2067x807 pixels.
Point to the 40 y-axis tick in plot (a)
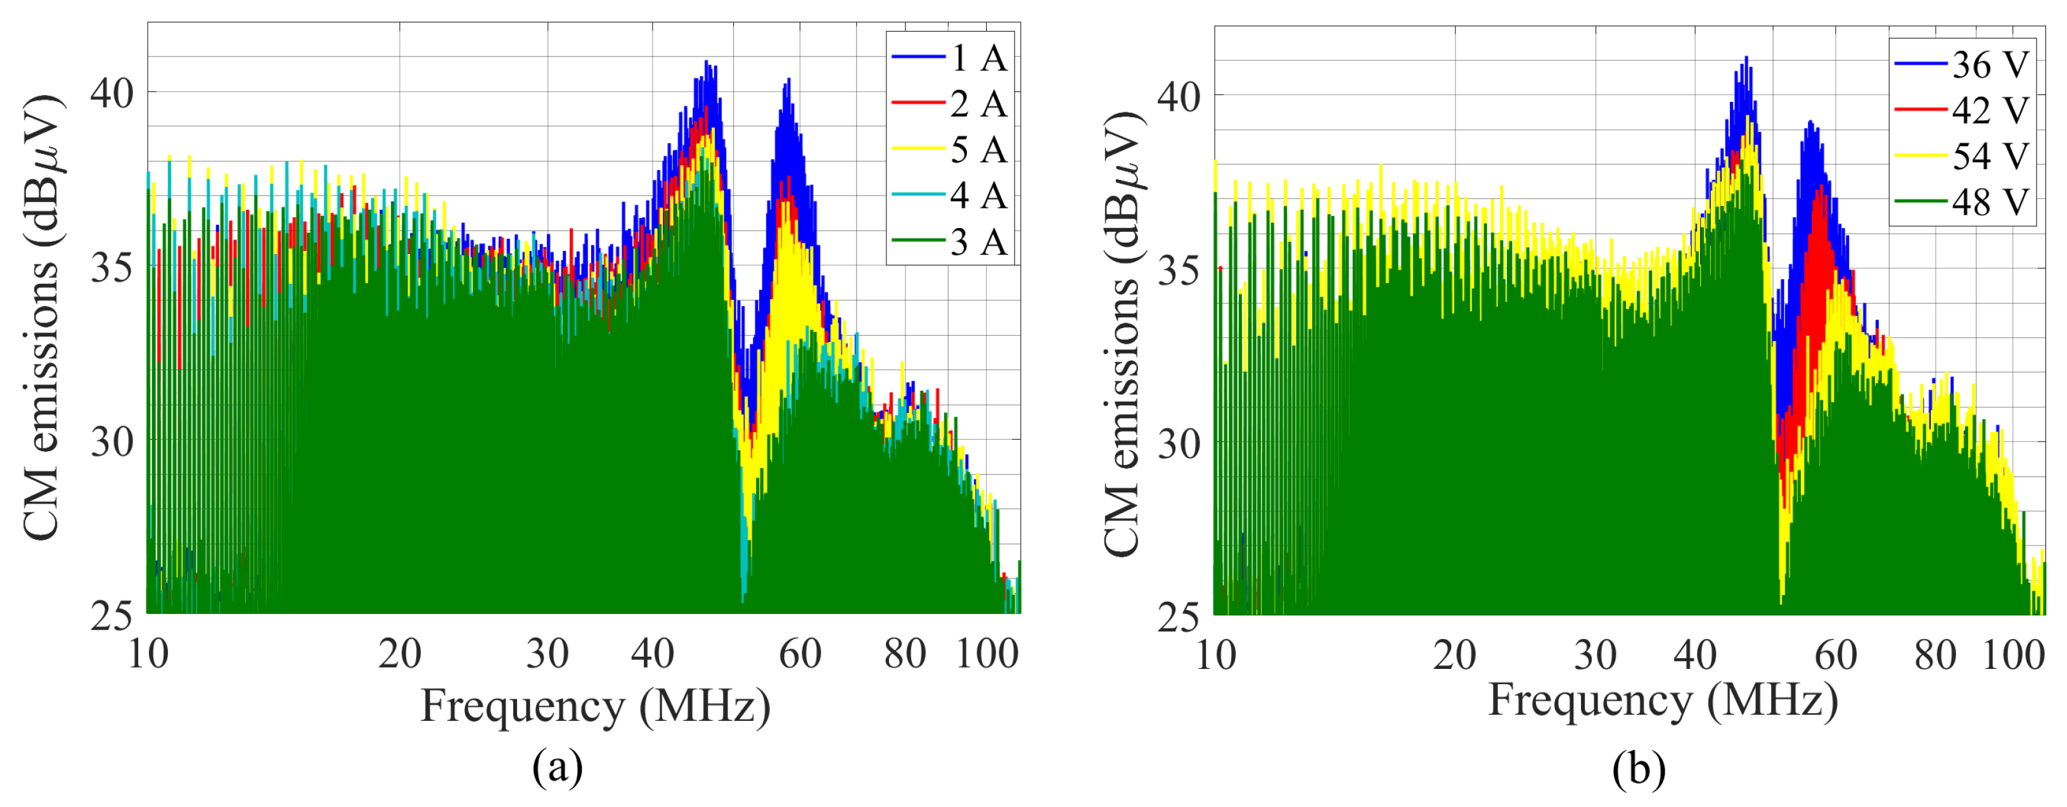[111, 93]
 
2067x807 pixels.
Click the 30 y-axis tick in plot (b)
[1178, 443]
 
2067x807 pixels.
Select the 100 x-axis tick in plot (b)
[2013, 656]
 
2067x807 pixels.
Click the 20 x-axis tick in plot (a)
[400, 654]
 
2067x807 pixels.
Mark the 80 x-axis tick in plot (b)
[1935, 656]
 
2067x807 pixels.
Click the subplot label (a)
[557, 768]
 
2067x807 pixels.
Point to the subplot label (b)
[1639, 769]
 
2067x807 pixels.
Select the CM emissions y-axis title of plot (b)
[1122, 333]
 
